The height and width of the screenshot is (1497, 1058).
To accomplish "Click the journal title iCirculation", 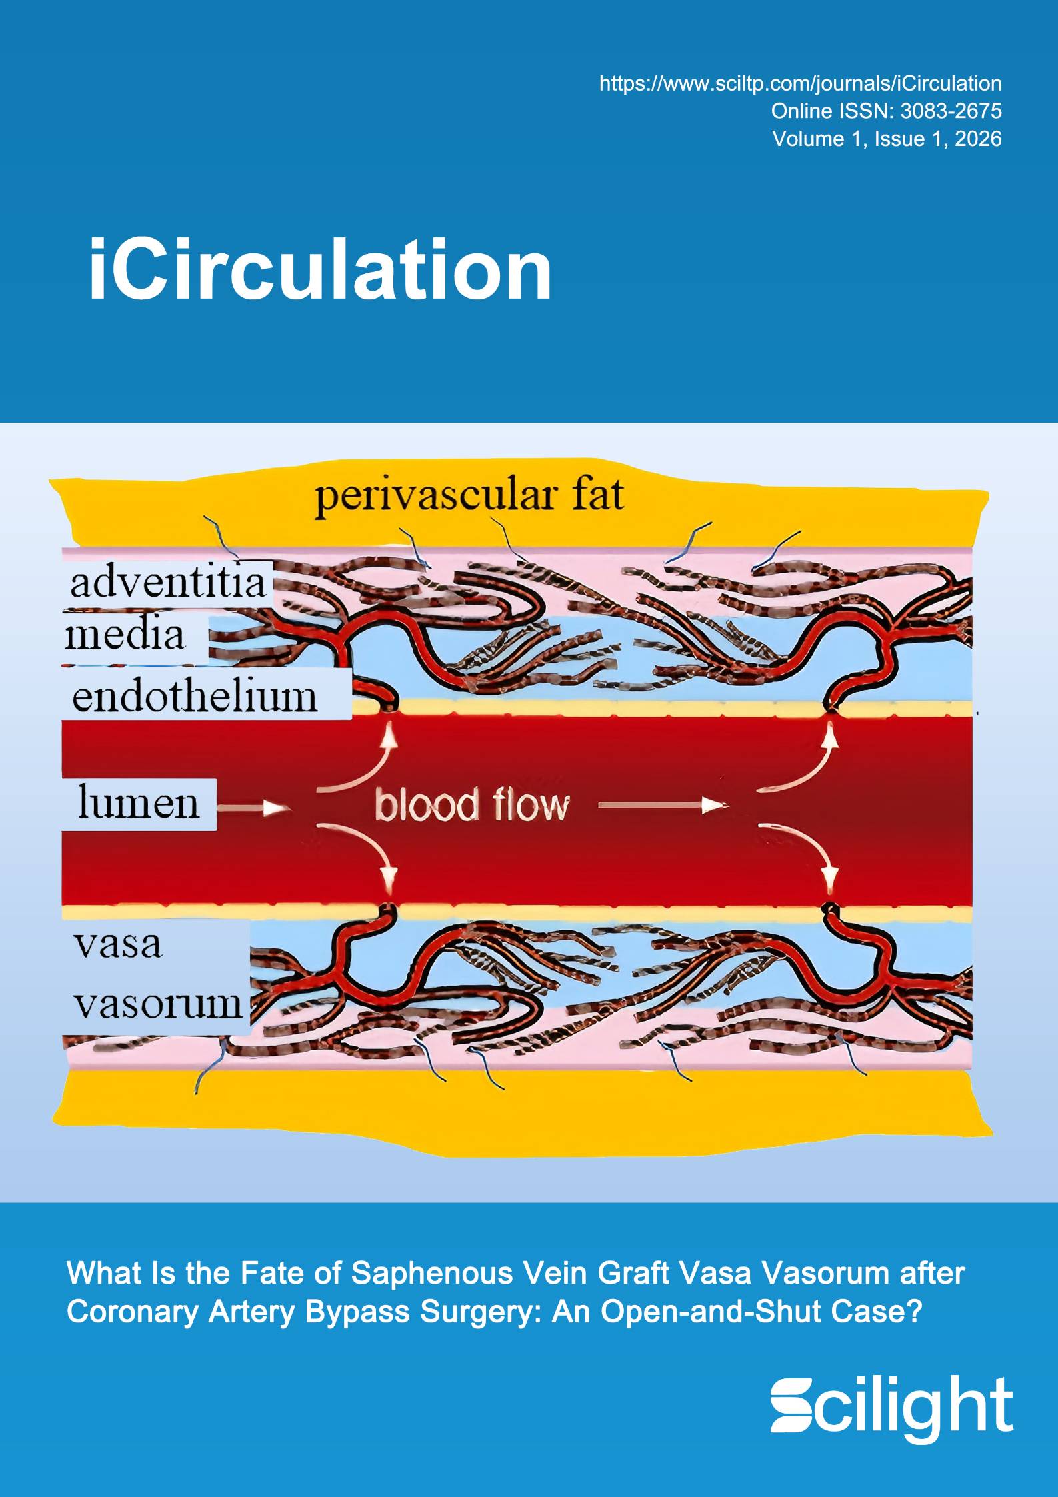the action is click(320, 270).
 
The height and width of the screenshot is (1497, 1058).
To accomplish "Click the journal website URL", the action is click(800, 83).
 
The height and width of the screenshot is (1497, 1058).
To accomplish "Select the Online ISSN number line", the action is click(887, 111).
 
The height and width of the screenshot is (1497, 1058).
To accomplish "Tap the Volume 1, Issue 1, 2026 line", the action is click(887, 139).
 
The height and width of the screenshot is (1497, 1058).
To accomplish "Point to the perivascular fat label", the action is click(469, 497).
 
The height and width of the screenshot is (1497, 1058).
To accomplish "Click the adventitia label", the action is click(169, 582).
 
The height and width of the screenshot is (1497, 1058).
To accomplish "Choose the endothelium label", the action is click(195, 697).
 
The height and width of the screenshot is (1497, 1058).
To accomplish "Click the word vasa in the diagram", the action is click(118, 944).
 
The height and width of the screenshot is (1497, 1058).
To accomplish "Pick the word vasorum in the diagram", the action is click(158, 1004).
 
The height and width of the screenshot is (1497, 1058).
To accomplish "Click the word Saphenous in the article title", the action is click(432, 1274).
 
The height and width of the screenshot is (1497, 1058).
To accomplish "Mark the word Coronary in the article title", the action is click(133, 1312).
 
